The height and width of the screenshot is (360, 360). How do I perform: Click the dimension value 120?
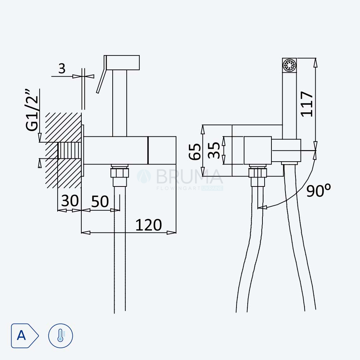pos(149,225)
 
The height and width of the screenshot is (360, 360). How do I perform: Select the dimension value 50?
pos(100,201)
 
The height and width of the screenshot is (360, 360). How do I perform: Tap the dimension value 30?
pos(70,201)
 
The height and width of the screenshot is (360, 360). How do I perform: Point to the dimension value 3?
pos(62,68)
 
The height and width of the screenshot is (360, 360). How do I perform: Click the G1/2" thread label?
pos(32,110)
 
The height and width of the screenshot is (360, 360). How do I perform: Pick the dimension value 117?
pos(307,104)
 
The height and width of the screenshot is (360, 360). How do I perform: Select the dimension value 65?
pos(195,152)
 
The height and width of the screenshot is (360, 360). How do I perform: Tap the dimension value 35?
pos(214,150)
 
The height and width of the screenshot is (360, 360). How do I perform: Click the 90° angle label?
pos(319,190)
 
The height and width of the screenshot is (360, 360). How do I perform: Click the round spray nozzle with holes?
pos(289,65)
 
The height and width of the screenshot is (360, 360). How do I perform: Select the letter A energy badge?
pos(24,336)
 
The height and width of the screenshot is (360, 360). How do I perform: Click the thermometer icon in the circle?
pos(60,336)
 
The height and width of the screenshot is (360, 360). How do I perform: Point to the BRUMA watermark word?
pos(190,176)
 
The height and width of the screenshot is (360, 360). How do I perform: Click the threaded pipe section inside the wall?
pos(69,150)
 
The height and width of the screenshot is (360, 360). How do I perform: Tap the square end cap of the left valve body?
pos(162,150)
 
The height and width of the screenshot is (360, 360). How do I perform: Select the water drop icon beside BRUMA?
pos(144,176)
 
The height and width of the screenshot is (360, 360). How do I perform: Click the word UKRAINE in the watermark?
pos(212,188)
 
